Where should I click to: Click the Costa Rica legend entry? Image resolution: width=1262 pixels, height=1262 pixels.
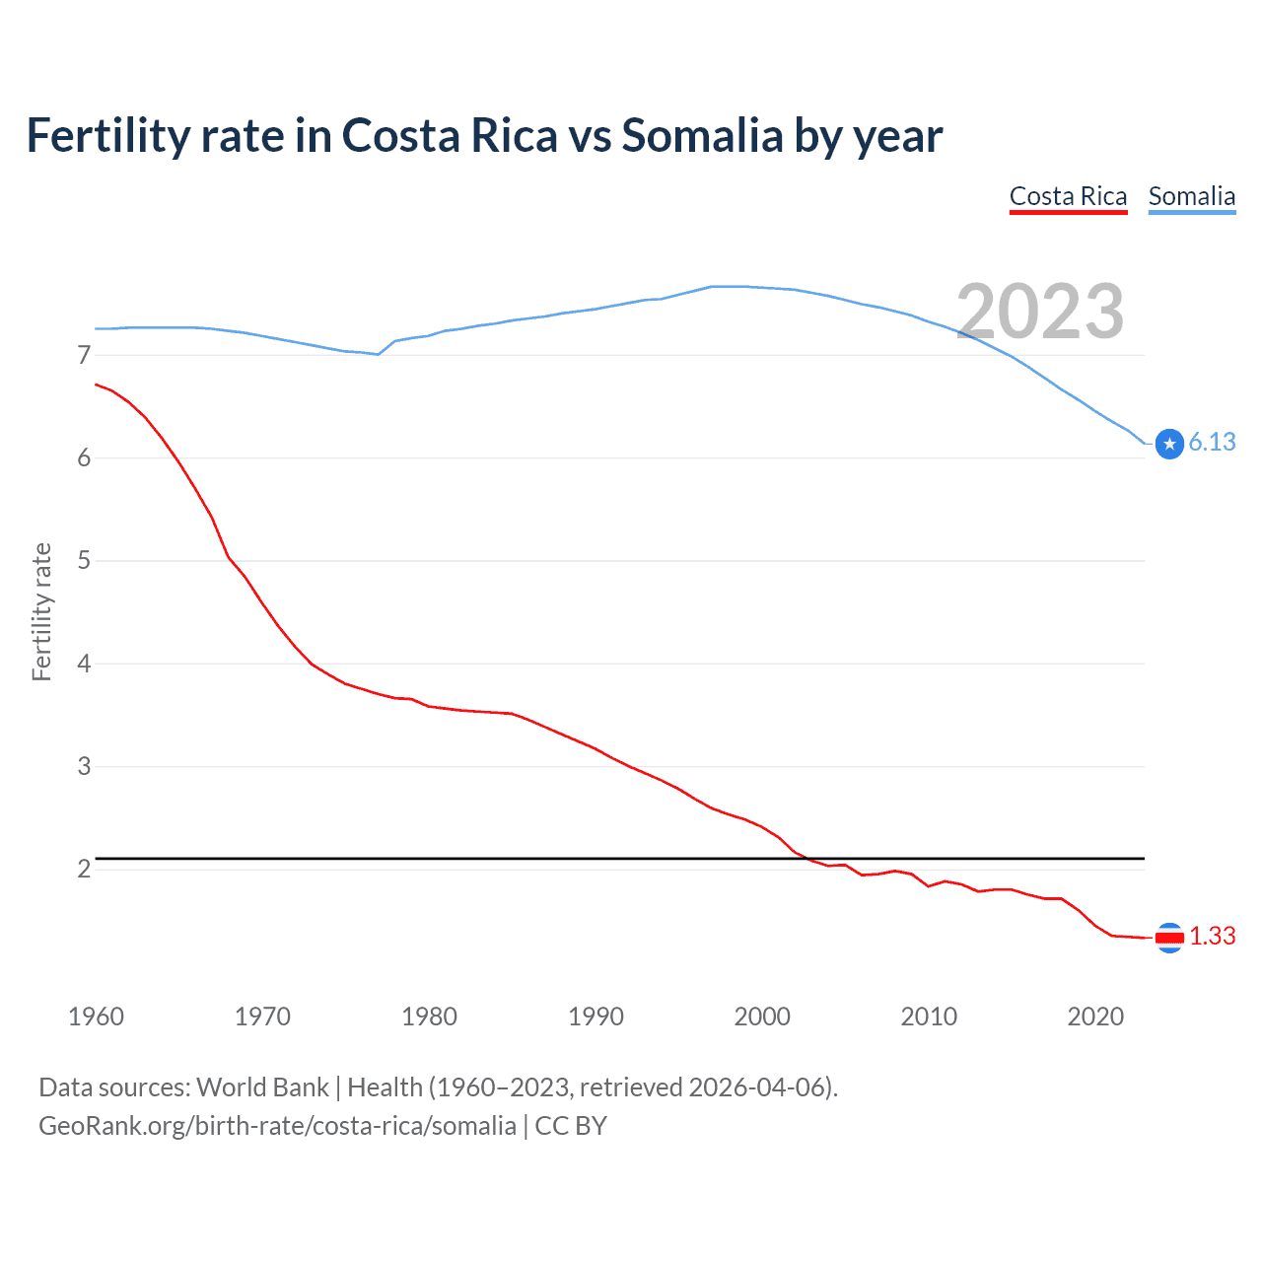pos(1068,196)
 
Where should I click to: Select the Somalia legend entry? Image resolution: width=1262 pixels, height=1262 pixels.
pos(1191,196)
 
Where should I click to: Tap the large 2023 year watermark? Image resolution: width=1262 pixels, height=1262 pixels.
pos(1040,312)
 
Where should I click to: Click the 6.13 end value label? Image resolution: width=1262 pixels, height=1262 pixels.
pos(1212,442)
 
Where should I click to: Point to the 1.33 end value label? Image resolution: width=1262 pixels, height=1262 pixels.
pos(1212,936)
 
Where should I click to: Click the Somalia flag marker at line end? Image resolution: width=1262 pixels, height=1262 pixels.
pos(1169,445)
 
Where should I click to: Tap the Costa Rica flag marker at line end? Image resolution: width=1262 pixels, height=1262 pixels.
pos(1169,938)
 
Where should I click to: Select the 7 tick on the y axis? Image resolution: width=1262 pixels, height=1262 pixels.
pos(84,355)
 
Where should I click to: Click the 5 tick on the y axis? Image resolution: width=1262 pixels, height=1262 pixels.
pos(84,561)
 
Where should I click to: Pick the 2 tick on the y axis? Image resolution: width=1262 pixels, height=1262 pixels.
pos(84,869)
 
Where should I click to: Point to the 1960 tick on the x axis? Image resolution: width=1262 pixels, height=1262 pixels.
pos(96,1017)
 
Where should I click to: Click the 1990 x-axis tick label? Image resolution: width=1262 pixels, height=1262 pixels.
pos(596,1017)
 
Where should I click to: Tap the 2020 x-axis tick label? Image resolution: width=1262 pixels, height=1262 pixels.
pos(1095,1017)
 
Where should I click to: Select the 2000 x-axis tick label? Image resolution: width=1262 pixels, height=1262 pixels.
pos(762,1017)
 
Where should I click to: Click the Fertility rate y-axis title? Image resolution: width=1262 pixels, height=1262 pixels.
pos(41,611)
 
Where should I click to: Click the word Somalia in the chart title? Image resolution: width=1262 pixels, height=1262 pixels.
pos(701,135)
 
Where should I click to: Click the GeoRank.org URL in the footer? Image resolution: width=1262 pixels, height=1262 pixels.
pos(277,1126)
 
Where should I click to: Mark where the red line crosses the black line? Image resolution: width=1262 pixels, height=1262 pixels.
pos(805,859)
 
